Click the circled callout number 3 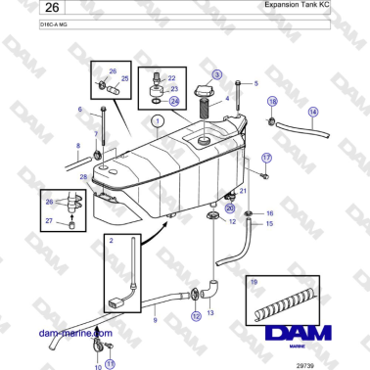(217, 73)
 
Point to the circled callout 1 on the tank (156, 120)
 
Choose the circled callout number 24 (174, 100)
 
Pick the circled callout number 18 (272, 101)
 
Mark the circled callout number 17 (265, 157)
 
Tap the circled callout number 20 (230, 208)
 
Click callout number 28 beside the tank (83, 176)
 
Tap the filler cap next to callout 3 (207, 90)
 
